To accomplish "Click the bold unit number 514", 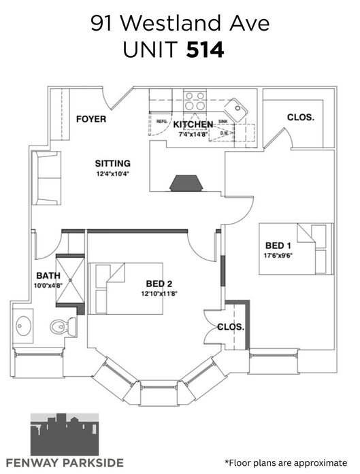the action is tap(205, 50).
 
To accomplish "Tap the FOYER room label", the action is tap(91, 119).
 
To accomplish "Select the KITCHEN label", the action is tap(193, 124).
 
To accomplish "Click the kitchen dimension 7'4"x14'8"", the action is tap(193, 134).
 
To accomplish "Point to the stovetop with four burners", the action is tap(195, 101).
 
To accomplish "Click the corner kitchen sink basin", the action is tap(236, 109).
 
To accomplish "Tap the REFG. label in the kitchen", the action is tap(162, 122).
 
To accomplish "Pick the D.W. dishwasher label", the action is tap(224, 133).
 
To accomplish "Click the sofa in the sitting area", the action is tap(46, 178).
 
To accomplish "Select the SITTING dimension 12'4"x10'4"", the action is tap(113, 174).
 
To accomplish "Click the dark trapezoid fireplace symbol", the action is tap(186, 183).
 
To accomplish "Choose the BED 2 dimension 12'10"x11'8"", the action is tap(159, 293).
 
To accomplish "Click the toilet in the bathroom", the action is tap(63, 326).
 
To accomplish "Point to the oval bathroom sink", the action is tap(23, 326).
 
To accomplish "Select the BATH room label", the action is tap(48, 275).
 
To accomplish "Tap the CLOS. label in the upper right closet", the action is tap(301, 117).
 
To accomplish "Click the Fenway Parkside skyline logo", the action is tap(65, 434).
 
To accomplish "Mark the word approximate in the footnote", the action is tap(321, 462).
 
